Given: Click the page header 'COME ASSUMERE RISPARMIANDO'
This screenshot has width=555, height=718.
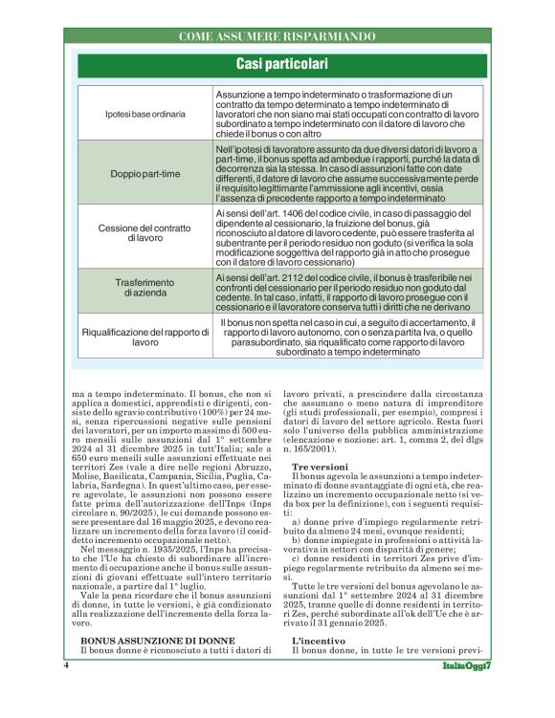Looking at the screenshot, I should [278, 36].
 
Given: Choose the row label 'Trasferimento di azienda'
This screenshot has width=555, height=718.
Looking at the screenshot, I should [147, 289].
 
